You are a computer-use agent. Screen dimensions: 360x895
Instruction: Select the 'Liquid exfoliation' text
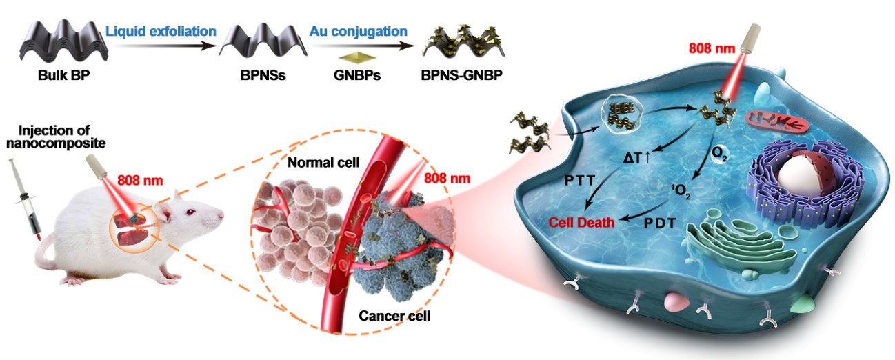[161, 31]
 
